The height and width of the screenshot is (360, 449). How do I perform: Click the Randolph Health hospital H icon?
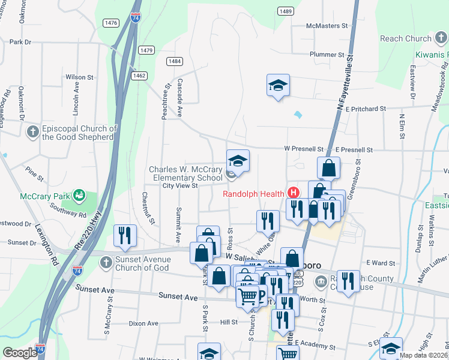pos(294,193)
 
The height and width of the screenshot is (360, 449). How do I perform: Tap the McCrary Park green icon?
pos(78,195)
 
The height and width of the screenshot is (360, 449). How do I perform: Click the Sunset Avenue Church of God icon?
pos(106,263)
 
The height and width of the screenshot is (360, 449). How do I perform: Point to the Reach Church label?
pos(406,39)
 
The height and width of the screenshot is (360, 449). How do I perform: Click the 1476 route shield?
pos(111,23)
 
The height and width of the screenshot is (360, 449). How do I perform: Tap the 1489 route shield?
pos(286,11)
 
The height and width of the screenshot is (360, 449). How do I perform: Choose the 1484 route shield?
pos(175,61)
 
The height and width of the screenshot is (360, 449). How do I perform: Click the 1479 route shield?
pos(146,50)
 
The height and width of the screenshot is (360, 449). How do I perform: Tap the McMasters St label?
pos(327,26)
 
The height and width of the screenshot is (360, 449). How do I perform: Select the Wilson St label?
pos(80,77)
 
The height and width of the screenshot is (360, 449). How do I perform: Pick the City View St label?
pos(180,186)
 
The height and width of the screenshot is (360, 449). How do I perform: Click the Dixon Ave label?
pos(143,323)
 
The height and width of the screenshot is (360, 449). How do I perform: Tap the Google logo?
pos(20,353)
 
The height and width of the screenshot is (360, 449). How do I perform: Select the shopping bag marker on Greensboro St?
pos(329,168)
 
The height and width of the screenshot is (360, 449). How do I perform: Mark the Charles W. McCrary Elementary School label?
pos(186,173)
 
